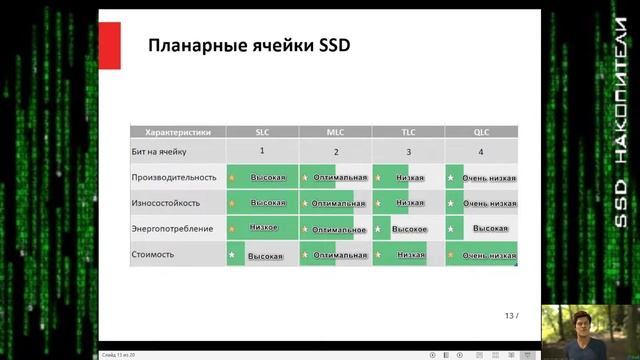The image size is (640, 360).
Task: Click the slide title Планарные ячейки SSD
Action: point(248,46)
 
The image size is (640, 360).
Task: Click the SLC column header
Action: point(262,132)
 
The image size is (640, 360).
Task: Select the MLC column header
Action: point(335,132)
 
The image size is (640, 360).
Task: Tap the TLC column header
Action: point(408,132)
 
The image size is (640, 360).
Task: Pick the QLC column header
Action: point(481,132)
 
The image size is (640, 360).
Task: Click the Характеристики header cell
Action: point(178,132)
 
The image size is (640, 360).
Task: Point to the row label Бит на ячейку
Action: point(160,152)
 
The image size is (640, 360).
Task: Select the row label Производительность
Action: point(174,177)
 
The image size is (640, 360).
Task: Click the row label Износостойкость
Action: point(166,203)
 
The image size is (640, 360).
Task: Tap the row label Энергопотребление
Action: point(172,229)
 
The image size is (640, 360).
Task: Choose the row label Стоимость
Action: point(153,255)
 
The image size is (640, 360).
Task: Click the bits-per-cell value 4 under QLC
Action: point(481,152)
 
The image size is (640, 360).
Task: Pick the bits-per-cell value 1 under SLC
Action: point(262,150)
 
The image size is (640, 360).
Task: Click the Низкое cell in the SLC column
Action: point(264,228)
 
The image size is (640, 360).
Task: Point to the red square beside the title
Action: point(113,46)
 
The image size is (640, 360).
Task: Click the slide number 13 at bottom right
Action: point(509,316)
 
